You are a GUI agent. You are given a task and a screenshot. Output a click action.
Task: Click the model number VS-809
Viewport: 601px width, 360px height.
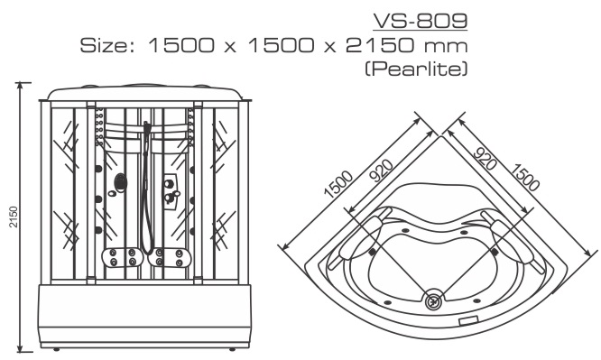[x=421, y=21]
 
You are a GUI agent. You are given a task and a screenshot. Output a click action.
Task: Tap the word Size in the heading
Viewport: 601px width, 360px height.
[x=104, y=45]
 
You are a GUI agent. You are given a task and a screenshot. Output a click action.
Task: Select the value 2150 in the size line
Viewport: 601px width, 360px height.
[x=380, y=45]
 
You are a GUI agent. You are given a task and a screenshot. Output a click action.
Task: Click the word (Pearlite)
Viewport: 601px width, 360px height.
[x=416, y=69]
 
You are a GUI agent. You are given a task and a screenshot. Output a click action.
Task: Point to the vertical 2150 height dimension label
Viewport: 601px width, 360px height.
[x=14, y=217]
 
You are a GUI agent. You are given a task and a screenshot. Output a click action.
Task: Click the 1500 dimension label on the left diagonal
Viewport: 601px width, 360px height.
[x=337, y=183]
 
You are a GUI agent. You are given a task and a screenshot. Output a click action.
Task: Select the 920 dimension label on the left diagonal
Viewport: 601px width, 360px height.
[x=381, y=170]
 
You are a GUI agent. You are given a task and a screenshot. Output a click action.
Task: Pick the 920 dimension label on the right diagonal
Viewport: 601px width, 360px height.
[x=485, y=158]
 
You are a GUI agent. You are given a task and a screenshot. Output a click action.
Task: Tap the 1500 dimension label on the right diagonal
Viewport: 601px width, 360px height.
[x=524, y=177]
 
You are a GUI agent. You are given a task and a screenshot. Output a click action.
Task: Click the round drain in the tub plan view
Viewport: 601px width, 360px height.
[x=434, y=300]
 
